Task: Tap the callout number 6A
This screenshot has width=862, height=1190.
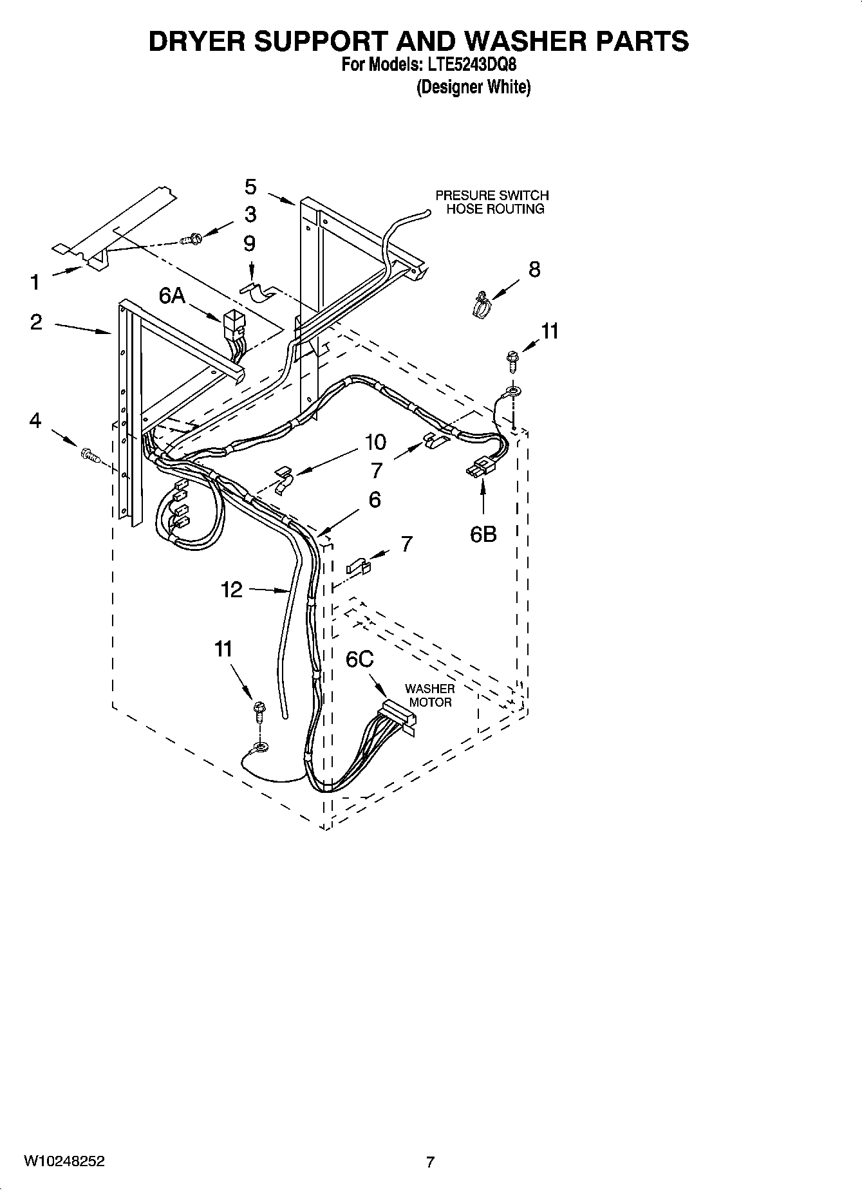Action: click(172, 295)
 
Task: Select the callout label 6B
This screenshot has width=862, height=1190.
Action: click(483, 534)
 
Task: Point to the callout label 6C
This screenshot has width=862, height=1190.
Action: click(359, 659)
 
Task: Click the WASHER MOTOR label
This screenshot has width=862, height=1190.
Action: click(429, 695)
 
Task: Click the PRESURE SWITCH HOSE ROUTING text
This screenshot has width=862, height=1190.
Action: click(492, 201)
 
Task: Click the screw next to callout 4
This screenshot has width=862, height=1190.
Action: click(89, 456)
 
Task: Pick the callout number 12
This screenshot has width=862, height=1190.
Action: click(232, 589)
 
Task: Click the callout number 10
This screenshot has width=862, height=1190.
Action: click(375, 442)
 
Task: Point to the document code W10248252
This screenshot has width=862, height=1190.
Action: click(64, 1161)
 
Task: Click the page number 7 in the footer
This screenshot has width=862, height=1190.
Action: click(430, 1162)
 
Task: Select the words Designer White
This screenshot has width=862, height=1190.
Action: click(473, 87)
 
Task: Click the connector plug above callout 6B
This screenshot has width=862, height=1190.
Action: click(482, 469)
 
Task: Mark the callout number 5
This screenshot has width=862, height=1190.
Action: click(250, 187)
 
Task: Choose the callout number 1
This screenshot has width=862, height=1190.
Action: click(35, 282)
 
